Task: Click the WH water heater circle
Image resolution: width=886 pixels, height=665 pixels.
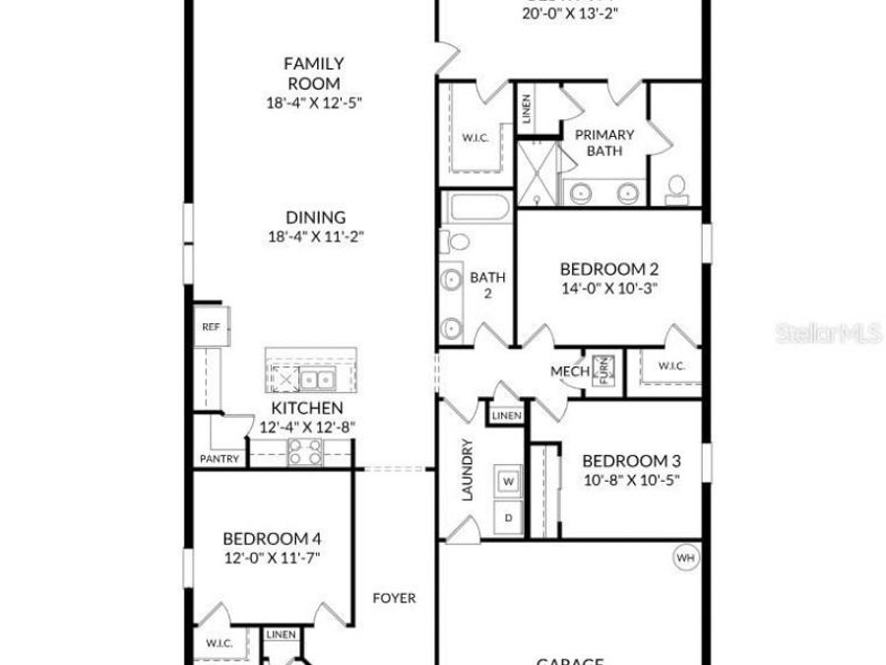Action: pyautogui.click(x=685, y=559)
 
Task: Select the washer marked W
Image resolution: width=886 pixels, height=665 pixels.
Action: pyautogui.click(x=509, y=482)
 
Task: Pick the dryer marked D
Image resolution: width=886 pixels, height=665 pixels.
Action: pyautogui.click(x=509, y=517)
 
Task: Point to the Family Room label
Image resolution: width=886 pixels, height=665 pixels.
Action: pyautogui.click(x=315, y=74)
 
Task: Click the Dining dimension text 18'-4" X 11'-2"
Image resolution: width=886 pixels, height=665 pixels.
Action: pyautogui.click(x=315, y=236)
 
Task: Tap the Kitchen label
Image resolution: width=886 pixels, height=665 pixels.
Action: pyautogui.click(x=307, y=408)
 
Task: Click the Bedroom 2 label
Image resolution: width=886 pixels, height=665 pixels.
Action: pyautogui.click(x=608, y=269)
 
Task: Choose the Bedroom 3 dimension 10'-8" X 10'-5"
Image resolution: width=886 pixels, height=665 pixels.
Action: pyautogui.click(x=631, y=480)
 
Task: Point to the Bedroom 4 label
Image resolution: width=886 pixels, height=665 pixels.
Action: pyautogui.click(x=272, y=539)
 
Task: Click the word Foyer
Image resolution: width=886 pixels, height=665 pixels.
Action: pyautogui.click(x=394, y=598)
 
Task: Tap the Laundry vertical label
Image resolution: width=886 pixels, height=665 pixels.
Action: pyautogui.click(x=468, y=470)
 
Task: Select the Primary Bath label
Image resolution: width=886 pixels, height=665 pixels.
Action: pyautogui.click(x=604, y=142)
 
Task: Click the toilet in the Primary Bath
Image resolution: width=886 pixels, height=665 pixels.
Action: pyautogui.click(x=676, y=186)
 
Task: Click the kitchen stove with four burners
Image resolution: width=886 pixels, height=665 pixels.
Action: pyautogui.click(x=304, y=452)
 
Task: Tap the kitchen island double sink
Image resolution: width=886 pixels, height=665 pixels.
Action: pyautogui.click(x=316, y=379)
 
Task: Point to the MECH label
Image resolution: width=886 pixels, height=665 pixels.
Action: pyautogui.click(x=569, y=371)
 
